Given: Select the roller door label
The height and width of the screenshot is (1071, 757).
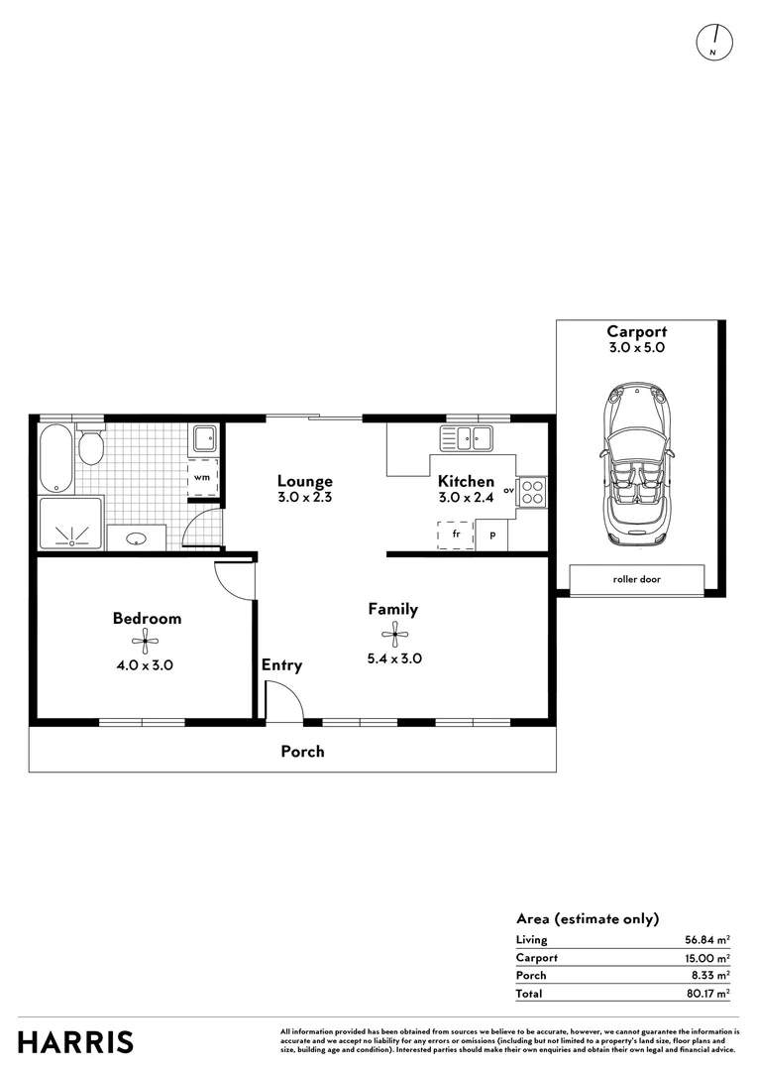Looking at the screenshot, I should point(637,579).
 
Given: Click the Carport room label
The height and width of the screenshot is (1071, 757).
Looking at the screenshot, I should point(636,332).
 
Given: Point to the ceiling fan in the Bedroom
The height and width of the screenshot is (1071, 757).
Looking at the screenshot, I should point(146,642).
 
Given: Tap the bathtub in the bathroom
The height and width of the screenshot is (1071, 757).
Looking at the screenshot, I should point(55,458).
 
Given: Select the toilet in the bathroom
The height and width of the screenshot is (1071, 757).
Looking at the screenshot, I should point(91,448).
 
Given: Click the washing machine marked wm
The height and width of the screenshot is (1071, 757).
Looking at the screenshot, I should point(202,476).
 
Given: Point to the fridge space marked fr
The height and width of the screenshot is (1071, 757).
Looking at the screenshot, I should point(456,534).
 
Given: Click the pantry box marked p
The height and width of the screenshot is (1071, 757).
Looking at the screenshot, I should point(492,535).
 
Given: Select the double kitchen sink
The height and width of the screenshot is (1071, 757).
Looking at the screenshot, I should point(468,436).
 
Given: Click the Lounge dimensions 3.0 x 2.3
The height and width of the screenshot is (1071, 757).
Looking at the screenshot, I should point(304,500).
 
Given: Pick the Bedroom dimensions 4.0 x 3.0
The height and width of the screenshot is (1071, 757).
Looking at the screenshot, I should point(146,665).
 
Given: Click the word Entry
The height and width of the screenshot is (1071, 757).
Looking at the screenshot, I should point(281,665).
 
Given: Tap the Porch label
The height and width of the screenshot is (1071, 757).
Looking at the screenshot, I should point(302,751).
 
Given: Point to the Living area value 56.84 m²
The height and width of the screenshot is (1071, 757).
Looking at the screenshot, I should point(706,939).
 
